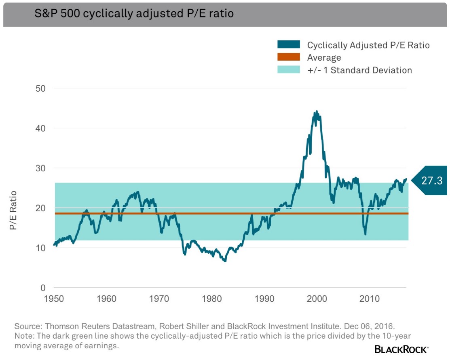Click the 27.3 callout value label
click(432, 181)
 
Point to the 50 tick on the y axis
click(40, 88)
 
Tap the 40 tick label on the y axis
click(40, 128)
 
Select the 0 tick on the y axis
click(43, 288)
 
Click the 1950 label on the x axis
click(54, 299)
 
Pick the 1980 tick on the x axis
click(212, 299)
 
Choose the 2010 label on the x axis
click(370, 299)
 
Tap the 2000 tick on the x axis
click(317, 299)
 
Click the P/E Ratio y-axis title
click(13, 210)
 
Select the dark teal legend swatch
click(289, 44)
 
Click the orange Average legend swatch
click(289, 57)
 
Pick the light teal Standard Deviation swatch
click(289, 70)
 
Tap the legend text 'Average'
click(324, 57)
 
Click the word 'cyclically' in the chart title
click(108, 14)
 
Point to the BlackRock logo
click(401, 349)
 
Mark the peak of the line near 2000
click(317, 111)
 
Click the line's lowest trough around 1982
click(225, 261)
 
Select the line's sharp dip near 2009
click(365, 234)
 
